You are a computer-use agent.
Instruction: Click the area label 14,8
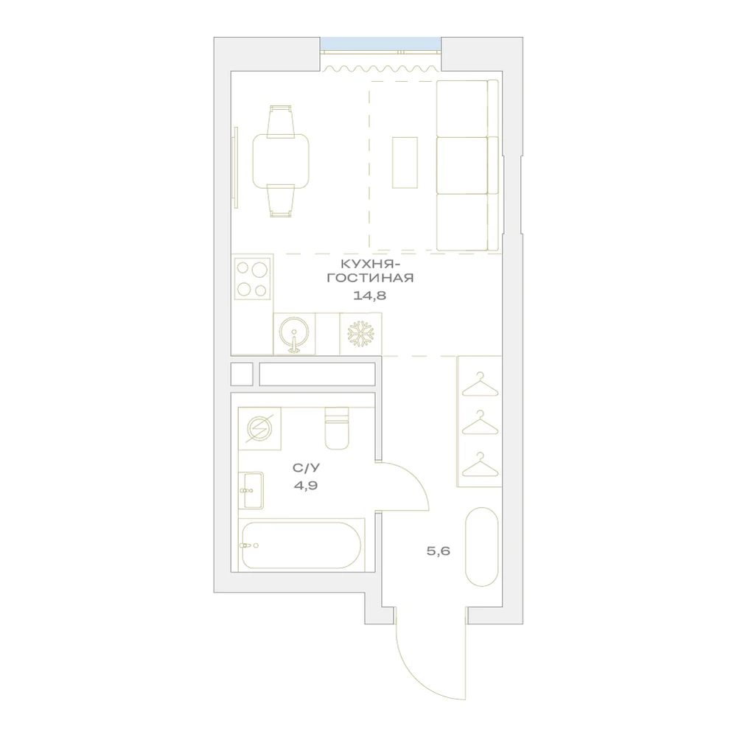pos(369,296)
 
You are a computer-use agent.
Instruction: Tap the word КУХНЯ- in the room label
pos(371,264)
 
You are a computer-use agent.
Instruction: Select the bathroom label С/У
pos(306,468)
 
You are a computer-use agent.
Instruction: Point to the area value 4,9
pos(306,486)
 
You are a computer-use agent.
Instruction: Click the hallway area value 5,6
pos(439,551)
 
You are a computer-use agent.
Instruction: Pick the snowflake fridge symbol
pos(360,334)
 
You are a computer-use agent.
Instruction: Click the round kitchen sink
pos(294,333)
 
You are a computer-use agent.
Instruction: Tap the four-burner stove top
pos(252,277)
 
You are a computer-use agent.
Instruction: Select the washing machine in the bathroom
pos(259,429)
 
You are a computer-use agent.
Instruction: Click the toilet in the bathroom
pos(337,428)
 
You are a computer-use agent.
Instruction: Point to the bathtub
pos(301,545)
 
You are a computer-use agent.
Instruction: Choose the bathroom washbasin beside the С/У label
pos(251,491)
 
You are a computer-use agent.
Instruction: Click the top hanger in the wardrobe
pos(480,385)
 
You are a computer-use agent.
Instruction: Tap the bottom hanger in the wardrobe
pos(480,464)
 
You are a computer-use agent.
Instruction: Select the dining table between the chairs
pos(281,161)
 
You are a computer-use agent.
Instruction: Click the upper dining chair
pos(281,122)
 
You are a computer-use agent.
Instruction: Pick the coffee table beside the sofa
pos(405,163)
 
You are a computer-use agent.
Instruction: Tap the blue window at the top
pos(381,43)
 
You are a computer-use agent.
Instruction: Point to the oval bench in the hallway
pos(482,547)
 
